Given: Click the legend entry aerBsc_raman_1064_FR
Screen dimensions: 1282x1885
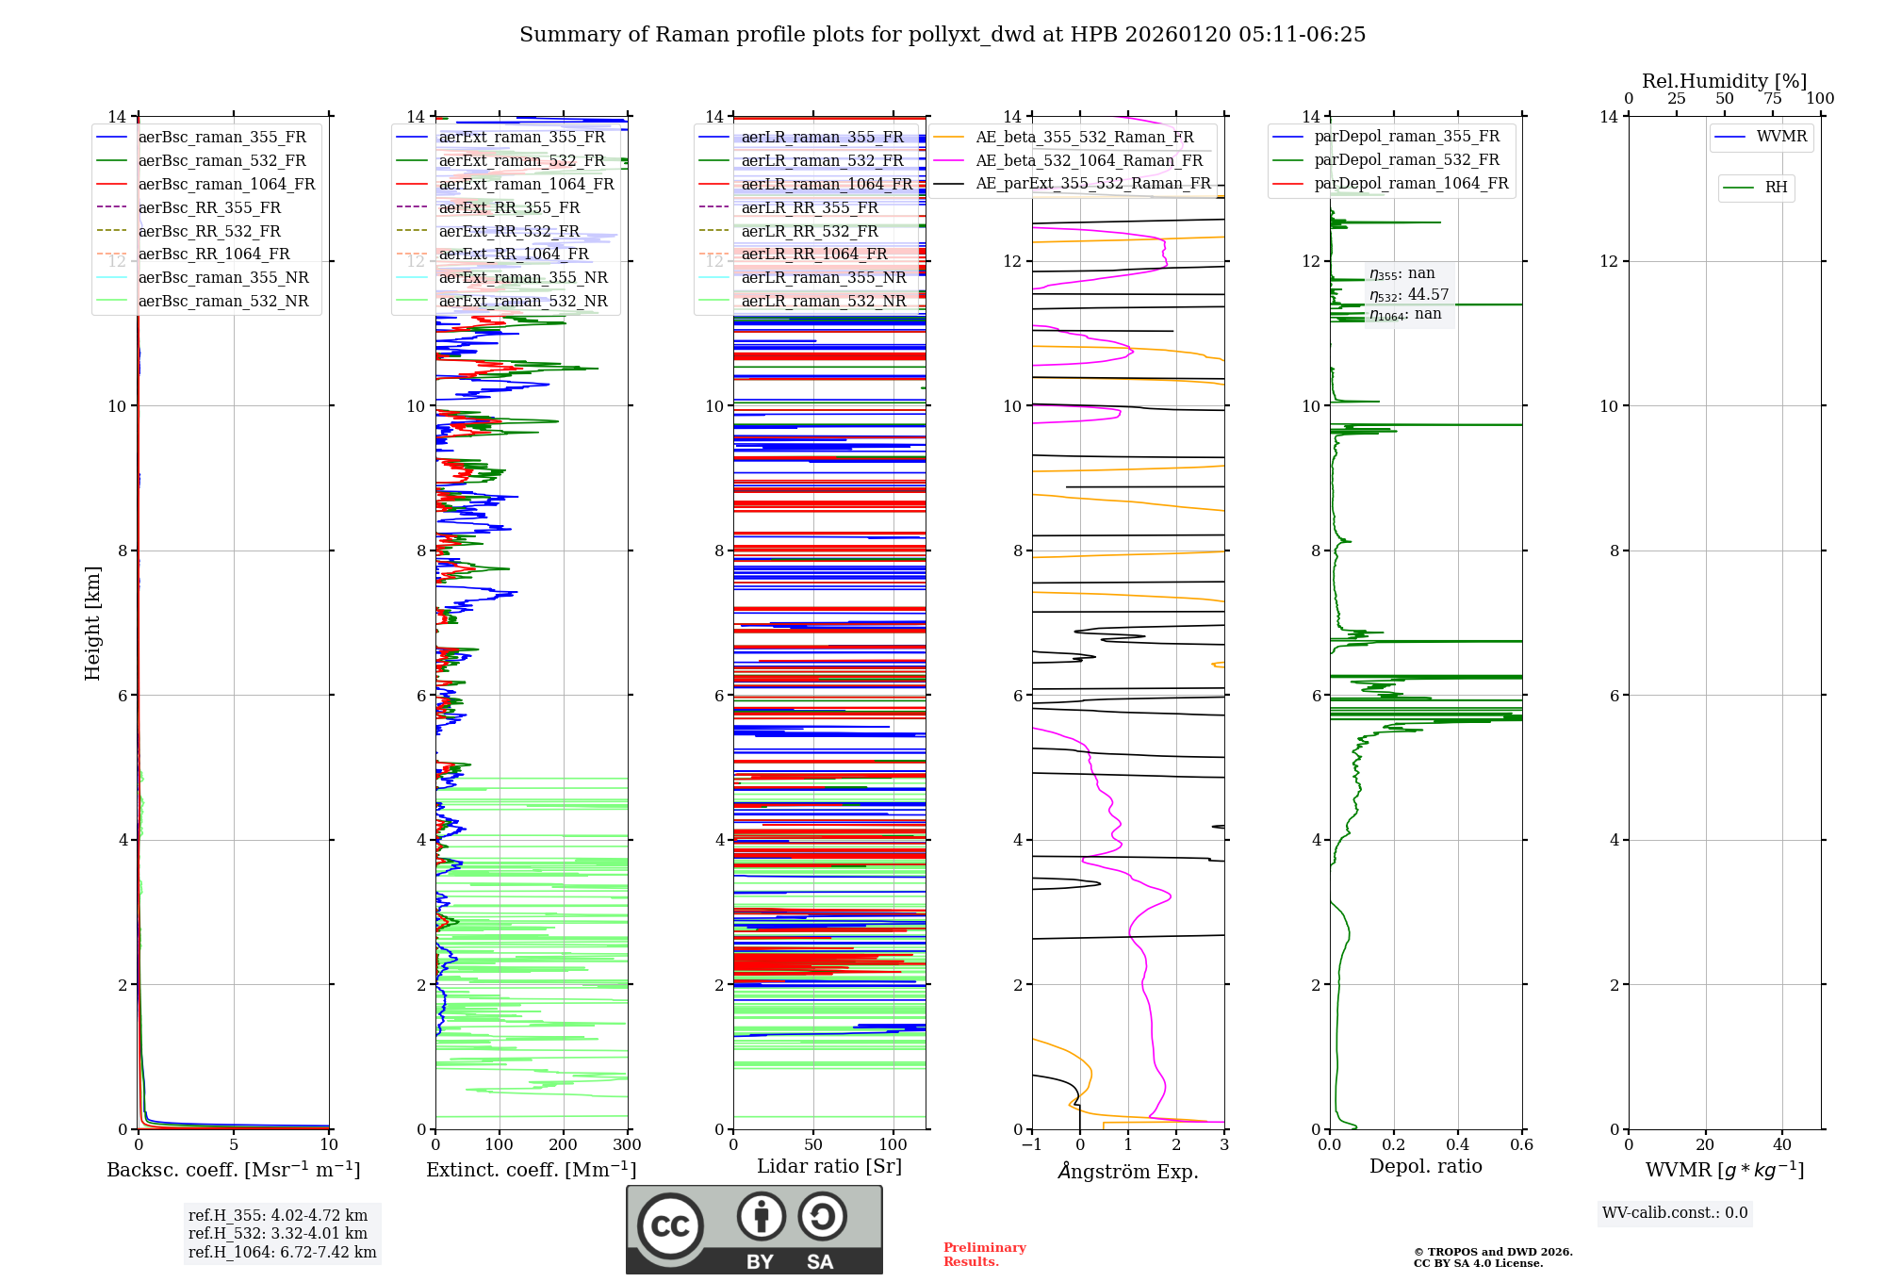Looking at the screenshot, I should [226, 185].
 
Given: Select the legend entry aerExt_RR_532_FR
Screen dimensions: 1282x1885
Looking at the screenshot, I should [509, 231].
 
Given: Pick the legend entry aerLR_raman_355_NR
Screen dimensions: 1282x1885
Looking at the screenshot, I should [823, 278].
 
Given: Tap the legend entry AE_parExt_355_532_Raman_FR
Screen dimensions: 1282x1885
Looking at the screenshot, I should [1092, 184].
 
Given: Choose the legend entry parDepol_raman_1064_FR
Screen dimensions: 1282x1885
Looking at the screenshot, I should [1411, 184].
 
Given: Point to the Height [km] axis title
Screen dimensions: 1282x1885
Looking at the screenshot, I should [92, 623].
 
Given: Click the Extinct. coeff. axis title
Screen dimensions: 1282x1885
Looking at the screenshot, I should [531, 1170].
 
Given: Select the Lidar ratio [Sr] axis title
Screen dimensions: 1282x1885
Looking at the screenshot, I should [829, 1166].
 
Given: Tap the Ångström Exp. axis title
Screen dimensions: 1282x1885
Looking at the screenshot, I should [1127, 1171].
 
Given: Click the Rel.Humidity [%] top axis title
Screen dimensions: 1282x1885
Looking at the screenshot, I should [1724, 81].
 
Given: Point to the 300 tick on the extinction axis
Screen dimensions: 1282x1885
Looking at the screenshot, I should [627, 1145].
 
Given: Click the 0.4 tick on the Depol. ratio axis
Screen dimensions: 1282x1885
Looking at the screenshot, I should [1457, 1145].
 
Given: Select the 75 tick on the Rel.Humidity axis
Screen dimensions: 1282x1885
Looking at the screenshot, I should [1772, 99].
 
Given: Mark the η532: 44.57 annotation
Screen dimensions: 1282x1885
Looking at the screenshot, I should [1409, 295].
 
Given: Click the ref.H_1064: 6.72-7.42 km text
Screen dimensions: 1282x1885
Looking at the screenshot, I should [282, 1253].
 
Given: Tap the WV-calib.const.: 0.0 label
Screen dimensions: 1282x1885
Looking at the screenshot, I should [1675, 1213].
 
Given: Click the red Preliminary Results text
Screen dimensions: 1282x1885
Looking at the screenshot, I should [984, 1255].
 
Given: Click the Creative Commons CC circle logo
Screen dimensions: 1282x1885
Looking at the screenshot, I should [670, 1226].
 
